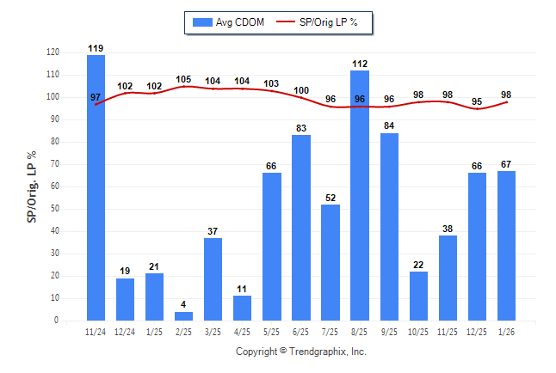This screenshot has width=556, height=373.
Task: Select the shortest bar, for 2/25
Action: click(x=183, y=315)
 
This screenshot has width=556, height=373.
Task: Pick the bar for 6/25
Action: click(x=301, y=228)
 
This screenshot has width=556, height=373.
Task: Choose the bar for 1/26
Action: click(x=506, y=246)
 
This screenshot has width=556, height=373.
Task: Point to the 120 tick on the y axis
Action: click(x=53, y=52)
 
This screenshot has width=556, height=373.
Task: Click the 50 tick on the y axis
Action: click(x=55, y=209)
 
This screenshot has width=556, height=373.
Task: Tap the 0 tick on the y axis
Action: click(x=57, y=321)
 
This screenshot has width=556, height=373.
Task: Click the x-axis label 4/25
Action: click(x=242, y=331)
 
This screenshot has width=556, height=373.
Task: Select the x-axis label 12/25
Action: click(x=477, y=331)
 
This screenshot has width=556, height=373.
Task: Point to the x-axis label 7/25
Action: click(x=331, y=331)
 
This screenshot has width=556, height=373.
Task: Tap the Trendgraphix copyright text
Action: click(x=301, y=352)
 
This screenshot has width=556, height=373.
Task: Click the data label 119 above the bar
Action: click(x=96, y=47)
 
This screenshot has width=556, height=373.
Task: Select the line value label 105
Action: click(x=183, y=79)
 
